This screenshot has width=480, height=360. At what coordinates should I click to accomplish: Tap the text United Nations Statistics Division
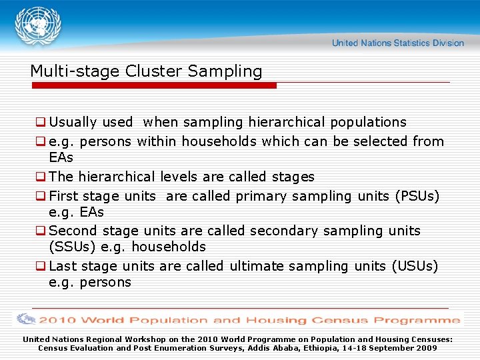(397, 43)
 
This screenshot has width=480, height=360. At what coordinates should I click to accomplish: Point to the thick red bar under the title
(153, 85)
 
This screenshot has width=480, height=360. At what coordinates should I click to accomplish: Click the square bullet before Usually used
(41, 122)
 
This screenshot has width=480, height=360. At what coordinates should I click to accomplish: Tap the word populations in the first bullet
(367, 122)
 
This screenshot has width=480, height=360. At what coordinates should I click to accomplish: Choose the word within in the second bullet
(157, 141)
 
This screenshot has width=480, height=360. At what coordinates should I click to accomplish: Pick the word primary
(265, 196)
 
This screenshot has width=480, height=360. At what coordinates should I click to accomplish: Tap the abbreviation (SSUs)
(73, 247)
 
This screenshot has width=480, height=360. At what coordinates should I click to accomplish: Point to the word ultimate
(259, 266)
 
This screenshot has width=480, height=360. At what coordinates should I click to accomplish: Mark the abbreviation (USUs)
(415, 266)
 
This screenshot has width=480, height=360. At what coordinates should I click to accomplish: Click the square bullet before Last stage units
(41, 266)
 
